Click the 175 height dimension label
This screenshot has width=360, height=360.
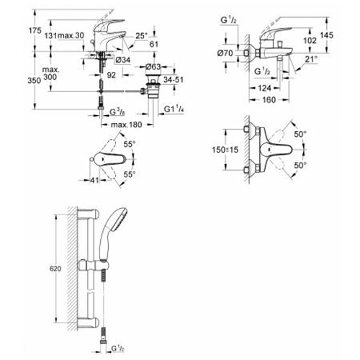35,30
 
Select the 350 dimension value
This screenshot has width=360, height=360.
34,81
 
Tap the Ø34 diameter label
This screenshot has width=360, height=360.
123,60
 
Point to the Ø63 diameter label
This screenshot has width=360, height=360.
153,66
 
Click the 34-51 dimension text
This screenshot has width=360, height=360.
174,79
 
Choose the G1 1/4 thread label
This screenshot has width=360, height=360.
174,109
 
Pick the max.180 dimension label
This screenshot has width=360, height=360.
127,125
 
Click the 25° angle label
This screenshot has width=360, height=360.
141,36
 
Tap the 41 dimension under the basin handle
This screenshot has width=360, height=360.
94,180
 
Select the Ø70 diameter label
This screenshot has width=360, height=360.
225,53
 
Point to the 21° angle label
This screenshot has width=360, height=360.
311,59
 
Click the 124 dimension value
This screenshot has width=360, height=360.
264,88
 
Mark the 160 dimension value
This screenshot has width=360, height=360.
269,99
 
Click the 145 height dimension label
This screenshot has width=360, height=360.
327,35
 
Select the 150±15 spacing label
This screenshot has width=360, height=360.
225,150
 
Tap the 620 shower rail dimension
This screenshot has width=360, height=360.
55,269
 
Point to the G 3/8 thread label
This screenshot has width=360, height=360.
118,112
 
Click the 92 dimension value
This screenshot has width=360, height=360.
111,75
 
